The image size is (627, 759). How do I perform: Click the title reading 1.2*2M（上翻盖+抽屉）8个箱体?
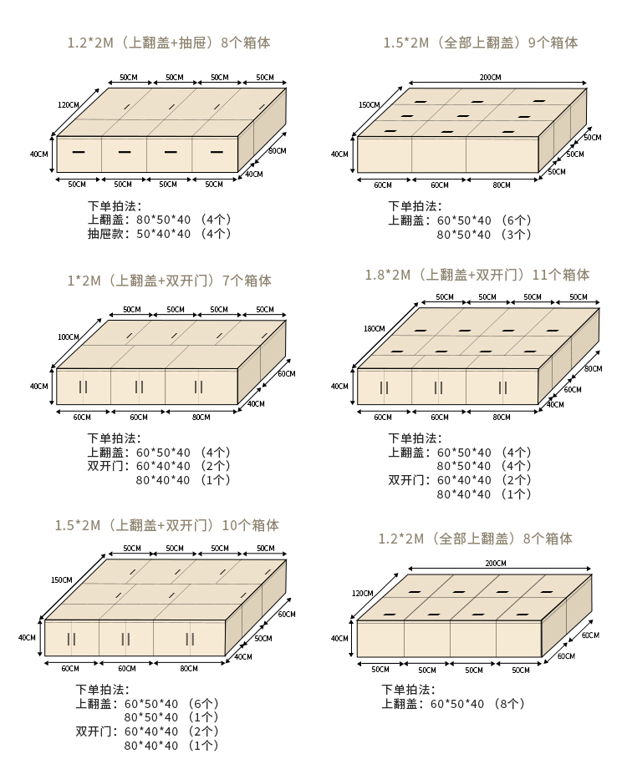[x=168, y=43]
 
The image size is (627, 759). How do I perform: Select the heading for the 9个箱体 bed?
[x=481, y=43]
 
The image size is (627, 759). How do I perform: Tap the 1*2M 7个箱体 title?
[x=169, y=281]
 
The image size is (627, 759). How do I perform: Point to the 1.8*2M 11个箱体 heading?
[x=477, y=275]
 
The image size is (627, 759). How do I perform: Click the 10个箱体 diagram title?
[x=167, y=525]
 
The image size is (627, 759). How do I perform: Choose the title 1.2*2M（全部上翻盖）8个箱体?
[x=475, y=539]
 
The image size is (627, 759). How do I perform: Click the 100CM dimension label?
[x=69, y=337]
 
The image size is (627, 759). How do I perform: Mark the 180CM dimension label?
[x=374, y=328]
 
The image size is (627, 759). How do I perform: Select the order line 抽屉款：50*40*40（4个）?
[x=159, y=235]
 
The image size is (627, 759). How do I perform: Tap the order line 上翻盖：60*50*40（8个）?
[x=453, y=704]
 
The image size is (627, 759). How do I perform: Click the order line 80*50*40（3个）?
[x=483, y=235]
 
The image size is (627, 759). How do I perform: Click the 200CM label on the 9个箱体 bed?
[x=490, y=78]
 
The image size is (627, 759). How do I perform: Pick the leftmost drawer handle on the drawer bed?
[x=79, y=152]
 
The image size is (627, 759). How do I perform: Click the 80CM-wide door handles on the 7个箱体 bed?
[x=199, y=387]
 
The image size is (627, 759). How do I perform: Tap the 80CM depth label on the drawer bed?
[x=277, y=151]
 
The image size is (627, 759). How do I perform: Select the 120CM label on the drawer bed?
[x=69, y=105]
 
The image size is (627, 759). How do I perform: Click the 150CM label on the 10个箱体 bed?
[x=61, y=580]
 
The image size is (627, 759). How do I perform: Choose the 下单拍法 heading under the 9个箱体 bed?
[x=415, y=206]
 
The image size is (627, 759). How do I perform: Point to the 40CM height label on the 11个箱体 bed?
[x=339, y=387]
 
